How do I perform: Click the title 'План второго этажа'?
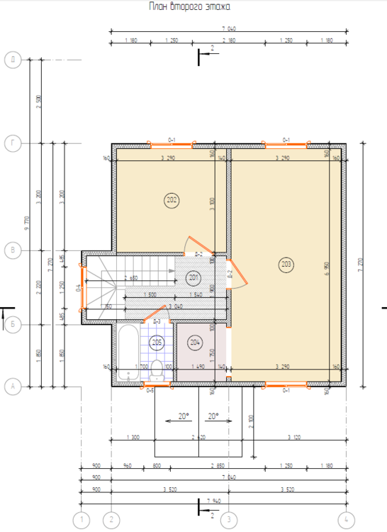189,6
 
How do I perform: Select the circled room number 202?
171,200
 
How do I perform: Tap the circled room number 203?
286,265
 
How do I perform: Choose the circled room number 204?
196,343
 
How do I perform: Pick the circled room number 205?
157,343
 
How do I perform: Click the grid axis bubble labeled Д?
12,60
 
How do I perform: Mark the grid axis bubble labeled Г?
12,144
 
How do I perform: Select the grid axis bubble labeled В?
12,250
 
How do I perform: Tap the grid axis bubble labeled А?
12,387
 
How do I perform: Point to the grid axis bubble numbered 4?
346,520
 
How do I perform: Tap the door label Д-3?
157,321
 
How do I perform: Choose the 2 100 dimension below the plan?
252,424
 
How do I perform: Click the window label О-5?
150,390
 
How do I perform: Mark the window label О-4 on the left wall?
79,287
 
